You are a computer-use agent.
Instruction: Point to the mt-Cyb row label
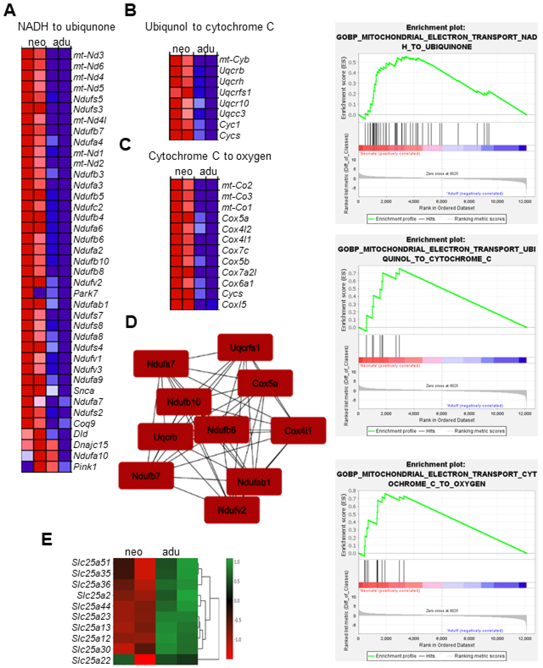[234, 59]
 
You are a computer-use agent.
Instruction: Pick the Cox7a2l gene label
[239, 272]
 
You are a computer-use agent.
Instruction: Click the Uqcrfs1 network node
[245, 347]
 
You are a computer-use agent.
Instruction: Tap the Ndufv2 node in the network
[232, 510]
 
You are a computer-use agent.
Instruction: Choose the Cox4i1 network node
[298, 431]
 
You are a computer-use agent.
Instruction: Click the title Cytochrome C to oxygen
[210, 156]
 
